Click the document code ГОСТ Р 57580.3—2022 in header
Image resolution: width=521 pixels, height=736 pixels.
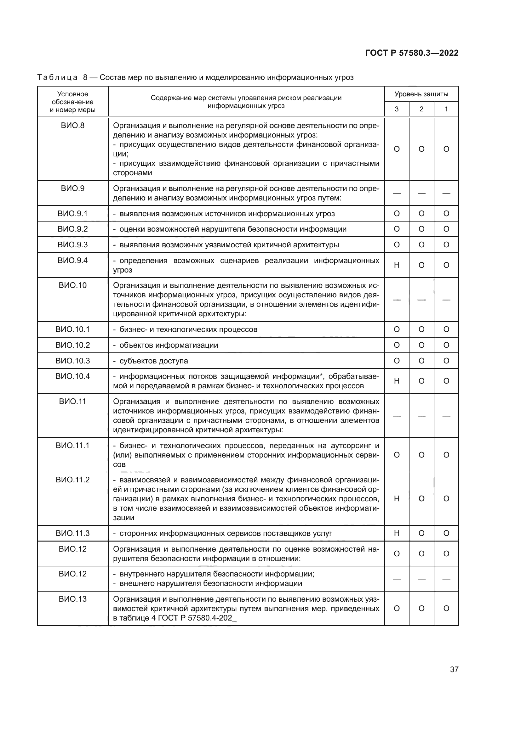[412, 53]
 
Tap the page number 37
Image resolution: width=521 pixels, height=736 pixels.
[454, 669]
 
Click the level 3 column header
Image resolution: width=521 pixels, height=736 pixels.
[397, 109]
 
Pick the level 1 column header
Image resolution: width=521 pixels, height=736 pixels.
[446, 109]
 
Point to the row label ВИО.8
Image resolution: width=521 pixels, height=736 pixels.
[72, 126]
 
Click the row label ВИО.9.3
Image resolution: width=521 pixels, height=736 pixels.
[72, 245]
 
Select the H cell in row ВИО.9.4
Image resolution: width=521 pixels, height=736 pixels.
[397, 265]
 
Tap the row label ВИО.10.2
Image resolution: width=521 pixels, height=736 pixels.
[72, 345]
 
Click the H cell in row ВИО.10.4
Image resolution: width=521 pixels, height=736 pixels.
[397, 381]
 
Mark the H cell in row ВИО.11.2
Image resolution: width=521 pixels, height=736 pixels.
[397, 498]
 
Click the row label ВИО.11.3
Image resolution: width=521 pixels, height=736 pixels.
[72, 533]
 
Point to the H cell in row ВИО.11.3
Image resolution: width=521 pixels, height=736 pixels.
[397, 533]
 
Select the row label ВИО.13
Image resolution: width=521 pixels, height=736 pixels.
[72, 599]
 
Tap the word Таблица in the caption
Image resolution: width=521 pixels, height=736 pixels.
[57, 78]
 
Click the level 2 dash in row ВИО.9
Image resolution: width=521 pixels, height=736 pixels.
[421, 193]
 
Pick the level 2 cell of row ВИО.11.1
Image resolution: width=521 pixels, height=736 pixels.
[421, 455]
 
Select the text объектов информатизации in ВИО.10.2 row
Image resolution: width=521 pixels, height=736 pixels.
[169, 345]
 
